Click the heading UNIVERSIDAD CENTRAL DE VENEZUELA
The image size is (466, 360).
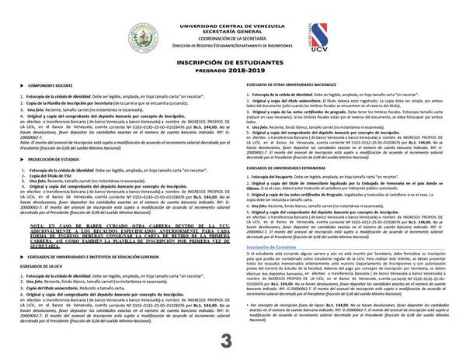point(234,6)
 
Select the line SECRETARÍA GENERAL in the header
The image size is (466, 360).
point(234,13)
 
